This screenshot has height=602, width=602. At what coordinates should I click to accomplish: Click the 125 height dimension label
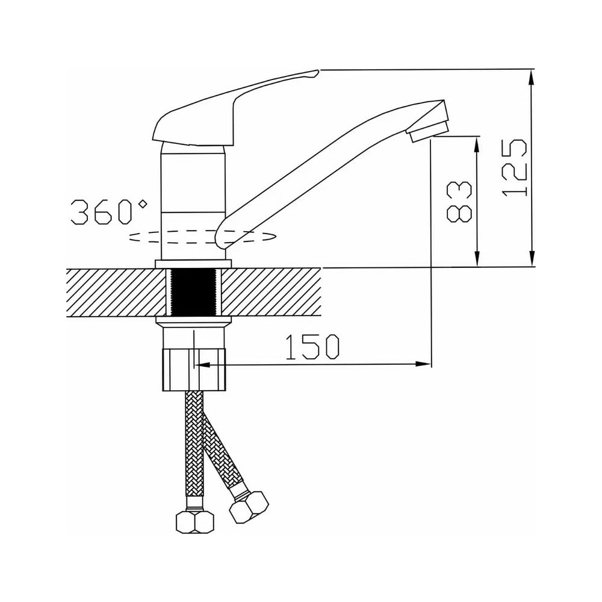tap(514, 168)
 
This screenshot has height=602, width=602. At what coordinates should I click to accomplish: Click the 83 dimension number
tap(459, 201)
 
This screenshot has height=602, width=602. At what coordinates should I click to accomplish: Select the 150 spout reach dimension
tap(312, 347)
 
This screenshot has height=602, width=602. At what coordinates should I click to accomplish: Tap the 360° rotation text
tap(108, 211)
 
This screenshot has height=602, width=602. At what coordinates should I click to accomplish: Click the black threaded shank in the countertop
tap(193, 292)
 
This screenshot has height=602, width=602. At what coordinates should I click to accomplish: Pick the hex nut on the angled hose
tap(249, 507)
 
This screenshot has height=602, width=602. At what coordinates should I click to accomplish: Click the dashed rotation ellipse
tap(203, 237)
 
